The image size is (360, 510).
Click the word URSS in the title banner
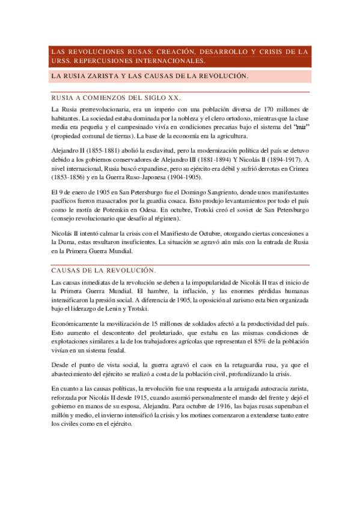pos(60,61)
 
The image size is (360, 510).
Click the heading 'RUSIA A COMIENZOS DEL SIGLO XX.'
pos(116,97)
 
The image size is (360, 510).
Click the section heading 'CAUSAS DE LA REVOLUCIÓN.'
pos(104,270)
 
